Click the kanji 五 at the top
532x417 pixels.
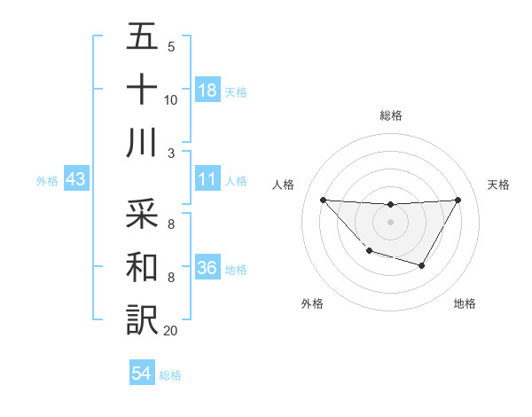(x=142, y=38)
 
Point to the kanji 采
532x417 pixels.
(x=142, y=214)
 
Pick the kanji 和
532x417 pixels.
(x=142, y=265)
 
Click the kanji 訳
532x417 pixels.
(x=142, y=319)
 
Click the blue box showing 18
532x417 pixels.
(x=207, y=90)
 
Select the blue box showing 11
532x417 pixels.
(x=207, y=180)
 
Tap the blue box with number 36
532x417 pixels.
(x=207, y=268)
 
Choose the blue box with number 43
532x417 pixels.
(x=76, y=180)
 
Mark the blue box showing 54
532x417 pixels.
(x=142, y=374)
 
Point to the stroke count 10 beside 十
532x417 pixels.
(x=170, y=99)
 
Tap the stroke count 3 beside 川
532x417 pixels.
(x=170, y=153)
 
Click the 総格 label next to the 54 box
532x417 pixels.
(x=170, y=375)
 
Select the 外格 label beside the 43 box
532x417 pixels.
(x=47, y=181)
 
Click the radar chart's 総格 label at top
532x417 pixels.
(x=390, y=115)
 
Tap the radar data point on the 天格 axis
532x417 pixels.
(x=458, y=200)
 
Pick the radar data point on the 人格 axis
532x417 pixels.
(x=323, y=200)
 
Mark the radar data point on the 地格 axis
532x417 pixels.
(x=422, y=265)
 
